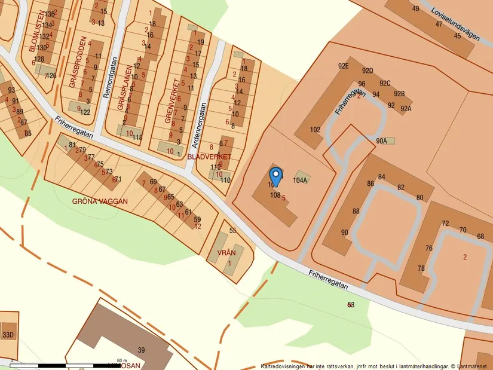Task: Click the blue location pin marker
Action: [275, 176]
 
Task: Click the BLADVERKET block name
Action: [209, 156]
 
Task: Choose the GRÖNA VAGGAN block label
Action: [100, 201]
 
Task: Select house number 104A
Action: [300, 180]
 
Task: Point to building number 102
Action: [316, 129]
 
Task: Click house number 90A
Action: [382, 141]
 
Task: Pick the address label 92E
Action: [343, 66]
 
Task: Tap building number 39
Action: [142, 350]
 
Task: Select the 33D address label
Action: [8, 334]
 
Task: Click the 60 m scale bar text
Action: [123, 360]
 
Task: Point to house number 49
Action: [415, 8]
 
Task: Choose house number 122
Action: [85, 112]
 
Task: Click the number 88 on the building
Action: [356, 211]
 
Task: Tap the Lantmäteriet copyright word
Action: [476, 366]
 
